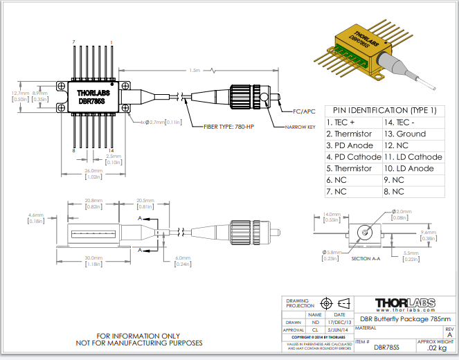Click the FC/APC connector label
click(x=301, y=111)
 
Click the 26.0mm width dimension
click(x=93, y=170)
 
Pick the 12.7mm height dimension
click(x=20, y=93)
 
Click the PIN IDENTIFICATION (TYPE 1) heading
click(x=384, y=110)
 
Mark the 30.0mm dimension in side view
click(x=95, y=258)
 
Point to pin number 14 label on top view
click(x=112, y=150)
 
